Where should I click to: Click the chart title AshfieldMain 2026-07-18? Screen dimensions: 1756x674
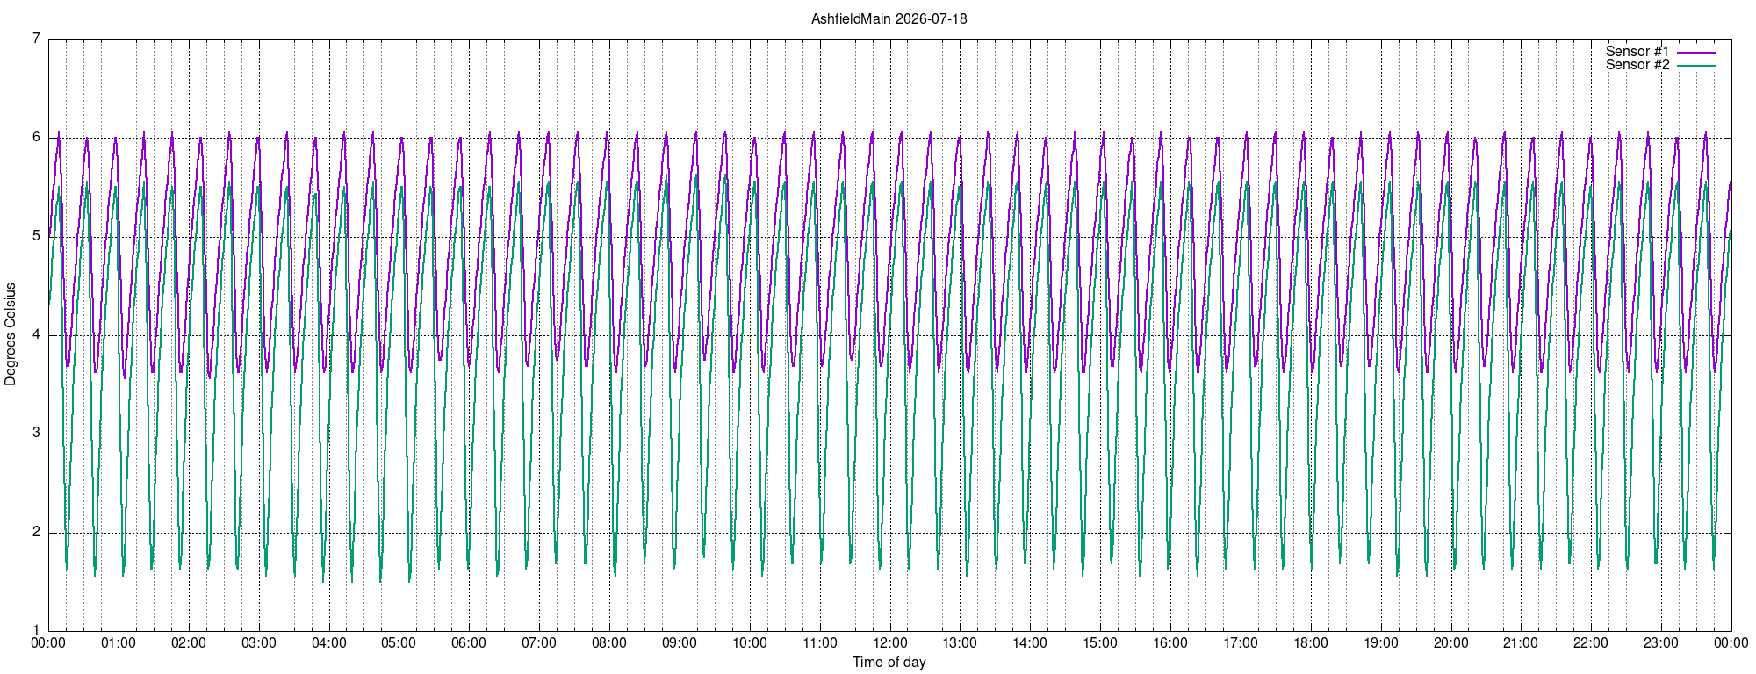[889, 18]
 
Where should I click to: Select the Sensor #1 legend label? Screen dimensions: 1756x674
[1637, 52]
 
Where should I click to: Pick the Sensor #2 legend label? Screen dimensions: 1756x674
[1637, 65]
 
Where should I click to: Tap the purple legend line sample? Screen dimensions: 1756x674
[1696, 53]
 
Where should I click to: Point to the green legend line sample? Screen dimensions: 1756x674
[1696, 66]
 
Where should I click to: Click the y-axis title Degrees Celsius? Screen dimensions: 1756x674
[11, 334]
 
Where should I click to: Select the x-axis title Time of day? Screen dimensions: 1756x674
[889, 663]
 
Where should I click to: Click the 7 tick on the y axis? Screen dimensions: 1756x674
[36, 39]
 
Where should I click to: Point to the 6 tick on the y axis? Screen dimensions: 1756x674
[36, 137]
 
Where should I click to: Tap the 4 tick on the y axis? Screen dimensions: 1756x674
[36, 334]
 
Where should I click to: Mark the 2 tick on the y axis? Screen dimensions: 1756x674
[36, 532]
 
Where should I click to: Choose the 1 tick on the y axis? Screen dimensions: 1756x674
[36, 630]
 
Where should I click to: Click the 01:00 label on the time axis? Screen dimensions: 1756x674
[119, 643]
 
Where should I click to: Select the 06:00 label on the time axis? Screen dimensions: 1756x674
[469, 643]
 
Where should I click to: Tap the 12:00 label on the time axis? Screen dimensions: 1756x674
[890, 643]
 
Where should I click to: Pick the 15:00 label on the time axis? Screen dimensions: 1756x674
[1100, 643]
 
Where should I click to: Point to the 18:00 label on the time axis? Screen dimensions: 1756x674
[1311, 643]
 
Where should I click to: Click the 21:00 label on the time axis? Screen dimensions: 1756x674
[1521, 643]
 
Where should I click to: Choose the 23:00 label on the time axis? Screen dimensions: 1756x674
[1661, 643]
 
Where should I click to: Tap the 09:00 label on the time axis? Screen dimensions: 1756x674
[680, 643]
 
